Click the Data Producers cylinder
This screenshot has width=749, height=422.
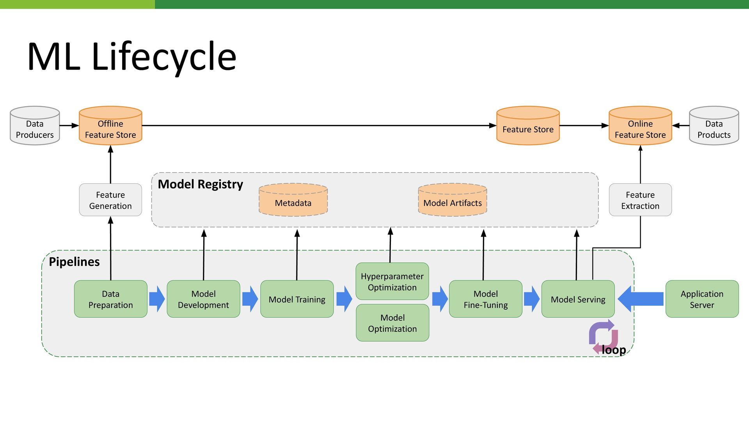pos(35,126)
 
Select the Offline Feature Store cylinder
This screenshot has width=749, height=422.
pos(110,126)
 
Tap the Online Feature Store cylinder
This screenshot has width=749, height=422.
pos(640,126)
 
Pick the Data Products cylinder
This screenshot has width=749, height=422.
pos(714,126)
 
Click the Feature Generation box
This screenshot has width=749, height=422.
pos(110,200)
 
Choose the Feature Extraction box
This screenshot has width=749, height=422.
pos(640,200)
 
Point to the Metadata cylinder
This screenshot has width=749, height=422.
pos(293,200)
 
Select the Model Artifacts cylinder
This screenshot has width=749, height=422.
pos(453,200)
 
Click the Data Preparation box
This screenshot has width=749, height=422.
pos(111,299)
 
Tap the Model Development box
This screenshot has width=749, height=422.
pos(203,299)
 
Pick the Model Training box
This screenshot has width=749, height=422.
pos(297,299)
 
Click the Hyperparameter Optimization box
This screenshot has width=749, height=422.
pos(392,281)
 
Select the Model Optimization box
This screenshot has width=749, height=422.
pos(392,323)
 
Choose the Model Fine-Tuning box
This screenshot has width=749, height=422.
pos(486,299)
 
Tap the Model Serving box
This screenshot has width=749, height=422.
pos(578,299)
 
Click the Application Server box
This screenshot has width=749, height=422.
pos(702,299)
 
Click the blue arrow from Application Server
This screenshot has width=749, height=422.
pos(641,299)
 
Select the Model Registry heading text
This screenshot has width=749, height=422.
pos(201,184)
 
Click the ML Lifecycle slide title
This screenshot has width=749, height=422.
pos(132,57)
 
